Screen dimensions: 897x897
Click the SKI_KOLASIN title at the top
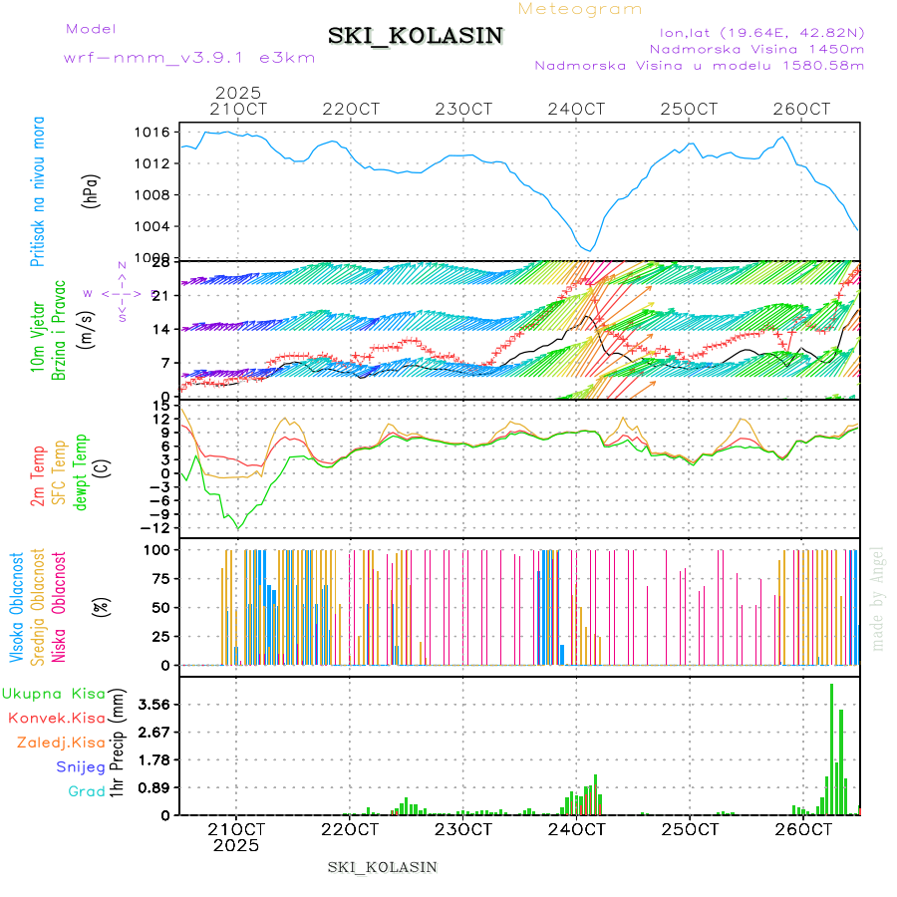pyautogui.click(x=415, y=36)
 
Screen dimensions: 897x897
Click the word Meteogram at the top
pyautogui.click(x=580, y=9)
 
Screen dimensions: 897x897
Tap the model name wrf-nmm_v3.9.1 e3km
pyautogui.click(x=188, y=57)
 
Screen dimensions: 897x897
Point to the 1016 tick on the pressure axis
pyautogui.click(x=152, y=132)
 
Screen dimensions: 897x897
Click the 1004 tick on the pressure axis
pyautogui.click(x=152, y=226)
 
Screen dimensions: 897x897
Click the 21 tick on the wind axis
pyautogui.click(x=158, y=295)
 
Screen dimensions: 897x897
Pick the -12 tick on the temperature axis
pyautogui.click(x=154, y=527)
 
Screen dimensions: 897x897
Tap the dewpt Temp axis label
pyautogui.click(x=80, y=472)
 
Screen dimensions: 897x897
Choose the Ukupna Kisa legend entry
pyautogui.click(x=54, y=694)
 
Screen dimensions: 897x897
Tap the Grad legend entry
pyautogui.click(x=87, y=791)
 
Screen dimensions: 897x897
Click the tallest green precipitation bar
pyautogui.click(x=832, y=748)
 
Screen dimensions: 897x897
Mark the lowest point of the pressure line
pyautogui.click(x=590, y=250)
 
